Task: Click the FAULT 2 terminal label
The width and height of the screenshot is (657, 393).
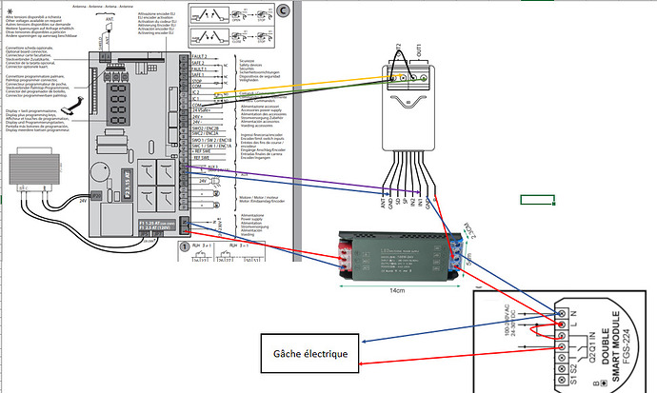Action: [x=197, y=59]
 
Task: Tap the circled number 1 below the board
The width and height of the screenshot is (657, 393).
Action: [x=184, y=246]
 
